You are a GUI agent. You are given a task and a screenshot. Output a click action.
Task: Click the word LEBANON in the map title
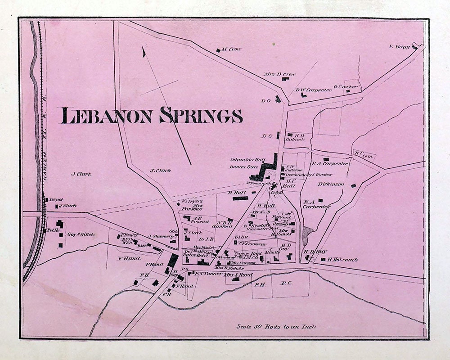pos(108,116)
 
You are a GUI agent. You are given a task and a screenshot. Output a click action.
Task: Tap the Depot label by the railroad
pos(56,199)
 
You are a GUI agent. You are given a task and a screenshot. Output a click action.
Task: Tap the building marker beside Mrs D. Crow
pos(285,79)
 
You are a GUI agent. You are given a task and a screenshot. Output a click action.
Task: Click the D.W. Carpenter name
pos(314,90)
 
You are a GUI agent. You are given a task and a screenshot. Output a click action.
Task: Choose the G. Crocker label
pos(346,86)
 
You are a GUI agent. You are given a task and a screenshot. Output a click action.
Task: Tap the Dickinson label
pos(331,184)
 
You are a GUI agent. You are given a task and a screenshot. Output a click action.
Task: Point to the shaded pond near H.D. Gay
pos(308,233)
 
